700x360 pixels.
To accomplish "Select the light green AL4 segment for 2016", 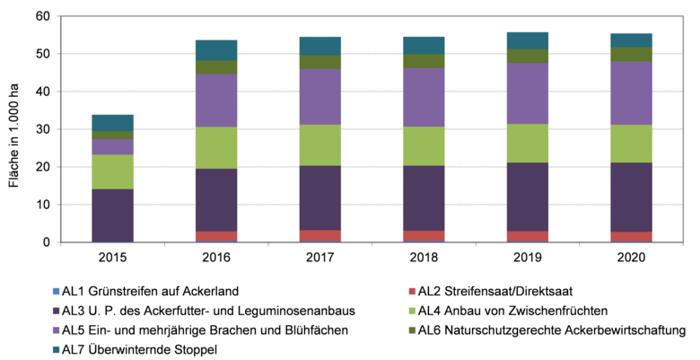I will [216, 147].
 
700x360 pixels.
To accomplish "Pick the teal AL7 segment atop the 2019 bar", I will [527, 40].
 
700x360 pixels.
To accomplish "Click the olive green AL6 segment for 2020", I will [631, 54].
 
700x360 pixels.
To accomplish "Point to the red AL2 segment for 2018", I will [424, 236].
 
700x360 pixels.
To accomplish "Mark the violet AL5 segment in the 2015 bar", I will [112, 146].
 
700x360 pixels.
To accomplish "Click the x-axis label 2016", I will [216, 258].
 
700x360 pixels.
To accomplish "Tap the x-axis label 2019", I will [527, 258].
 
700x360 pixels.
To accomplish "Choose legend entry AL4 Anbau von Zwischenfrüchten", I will [521, 311].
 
